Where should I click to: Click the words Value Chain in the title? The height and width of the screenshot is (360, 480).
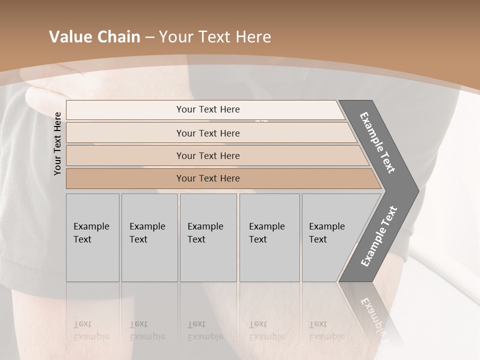point(94,37)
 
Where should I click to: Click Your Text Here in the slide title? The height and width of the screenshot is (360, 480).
point(215,37)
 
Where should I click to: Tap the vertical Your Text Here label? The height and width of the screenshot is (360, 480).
point(57,143)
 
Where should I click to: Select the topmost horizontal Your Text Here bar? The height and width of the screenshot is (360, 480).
point(208,109)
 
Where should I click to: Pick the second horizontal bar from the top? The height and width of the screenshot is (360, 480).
point(208,133)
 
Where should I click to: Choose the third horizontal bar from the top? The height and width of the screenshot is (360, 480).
point(208,155)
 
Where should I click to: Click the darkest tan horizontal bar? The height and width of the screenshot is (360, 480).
point(208,178)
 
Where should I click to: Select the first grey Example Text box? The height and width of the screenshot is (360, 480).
point(92,237)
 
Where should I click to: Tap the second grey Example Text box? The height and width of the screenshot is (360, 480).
point(149,237)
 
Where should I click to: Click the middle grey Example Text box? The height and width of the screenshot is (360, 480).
point(208,237)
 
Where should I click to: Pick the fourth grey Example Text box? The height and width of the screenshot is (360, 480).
point(269,237)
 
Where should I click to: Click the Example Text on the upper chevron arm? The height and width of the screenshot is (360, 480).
point(378,142)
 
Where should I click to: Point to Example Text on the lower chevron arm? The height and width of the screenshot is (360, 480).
point(378,236)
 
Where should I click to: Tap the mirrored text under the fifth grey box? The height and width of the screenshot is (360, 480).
point(326,330)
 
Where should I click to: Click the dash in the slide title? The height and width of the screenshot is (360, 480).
point(149,37)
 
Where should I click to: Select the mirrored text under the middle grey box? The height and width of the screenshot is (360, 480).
point(205,330)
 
